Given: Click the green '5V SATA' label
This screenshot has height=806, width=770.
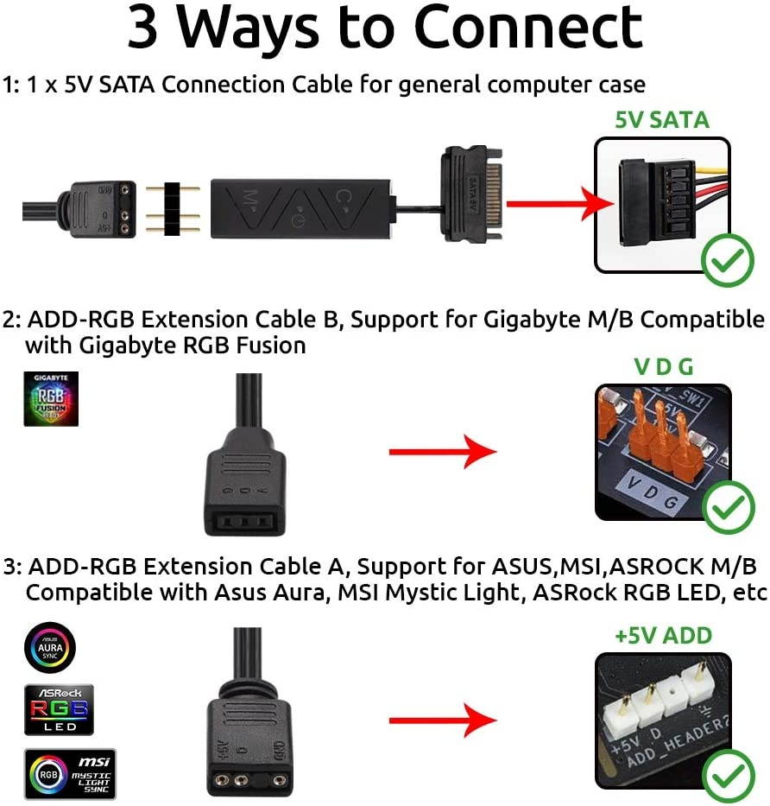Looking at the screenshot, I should (661, 119).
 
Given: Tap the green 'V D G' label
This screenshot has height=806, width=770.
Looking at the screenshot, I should (663, 366).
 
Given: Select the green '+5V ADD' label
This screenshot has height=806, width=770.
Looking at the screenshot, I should (663, 636).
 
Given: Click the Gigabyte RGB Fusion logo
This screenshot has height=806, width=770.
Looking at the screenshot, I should (51, 399).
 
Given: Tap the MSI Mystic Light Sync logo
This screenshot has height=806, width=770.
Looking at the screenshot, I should (69, 774).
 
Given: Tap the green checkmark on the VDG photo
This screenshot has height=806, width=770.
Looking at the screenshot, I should (728, 508).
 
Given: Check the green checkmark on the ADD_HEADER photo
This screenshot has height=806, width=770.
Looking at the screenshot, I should (728, 777).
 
